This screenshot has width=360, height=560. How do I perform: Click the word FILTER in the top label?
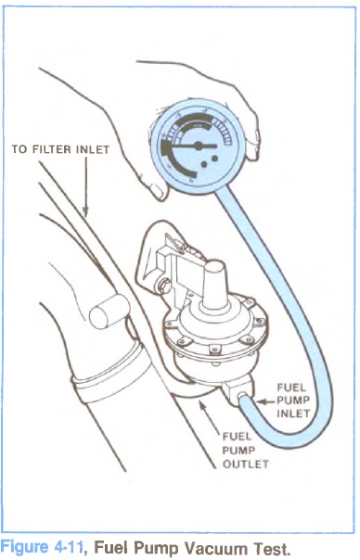point(53,149)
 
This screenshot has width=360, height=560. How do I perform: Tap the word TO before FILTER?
point(19,149)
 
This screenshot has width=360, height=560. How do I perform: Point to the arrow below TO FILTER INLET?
point(85,186)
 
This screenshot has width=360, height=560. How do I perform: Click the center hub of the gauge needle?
point(198,146)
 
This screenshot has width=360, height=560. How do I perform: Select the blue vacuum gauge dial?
point(198,146)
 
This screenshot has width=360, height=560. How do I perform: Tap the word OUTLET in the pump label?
point(245,464)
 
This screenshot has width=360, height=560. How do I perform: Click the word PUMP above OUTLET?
point(238,450)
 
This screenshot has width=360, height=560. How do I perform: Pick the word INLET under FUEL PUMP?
point(293,414)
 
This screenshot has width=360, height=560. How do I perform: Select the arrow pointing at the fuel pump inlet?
point(265,401)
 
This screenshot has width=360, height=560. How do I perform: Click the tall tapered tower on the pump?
point(215,283)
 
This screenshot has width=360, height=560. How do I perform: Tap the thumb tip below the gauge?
point(160,192)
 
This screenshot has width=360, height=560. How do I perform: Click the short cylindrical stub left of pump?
point(109,312)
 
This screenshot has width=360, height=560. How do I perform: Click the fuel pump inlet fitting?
point(237,393)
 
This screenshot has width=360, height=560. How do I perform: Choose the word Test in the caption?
point(272,548)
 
